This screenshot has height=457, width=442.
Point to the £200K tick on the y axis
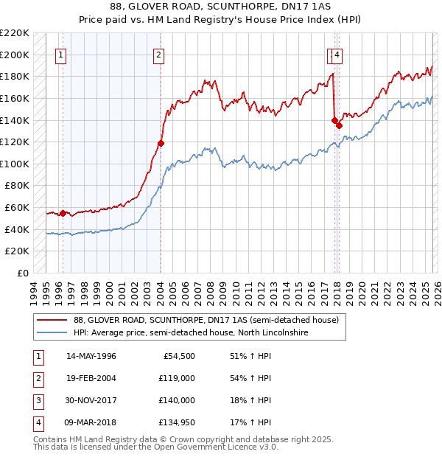[x=15, y=55]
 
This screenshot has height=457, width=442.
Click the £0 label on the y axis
[x=23, y=273]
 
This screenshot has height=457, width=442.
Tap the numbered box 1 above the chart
[x=60, y=54]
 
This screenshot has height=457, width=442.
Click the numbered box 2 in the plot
[x=159, y=54]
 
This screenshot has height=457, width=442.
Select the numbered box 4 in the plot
[x=337, y=54]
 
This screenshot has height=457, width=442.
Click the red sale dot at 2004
[x=161, y=143]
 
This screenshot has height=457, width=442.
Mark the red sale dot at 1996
[x=63, y=213]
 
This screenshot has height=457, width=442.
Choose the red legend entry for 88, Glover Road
[x=206, y=320]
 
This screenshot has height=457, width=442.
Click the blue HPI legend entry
[x=190, y=333]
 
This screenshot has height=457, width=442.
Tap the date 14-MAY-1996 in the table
[x=91, y=356]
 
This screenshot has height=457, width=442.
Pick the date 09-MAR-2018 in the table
[x=91, y=422]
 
